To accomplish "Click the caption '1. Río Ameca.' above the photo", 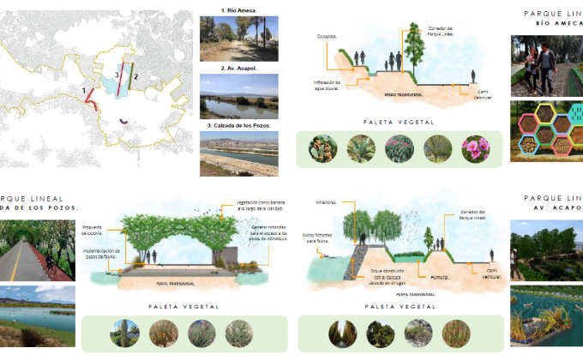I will pos(238,10).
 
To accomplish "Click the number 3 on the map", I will pos(117,75).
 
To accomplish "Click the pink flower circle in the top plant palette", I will pos(476,148).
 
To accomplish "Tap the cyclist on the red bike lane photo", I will pos(48,261).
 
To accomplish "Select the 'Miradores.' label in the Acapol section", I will pos(326,203).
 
